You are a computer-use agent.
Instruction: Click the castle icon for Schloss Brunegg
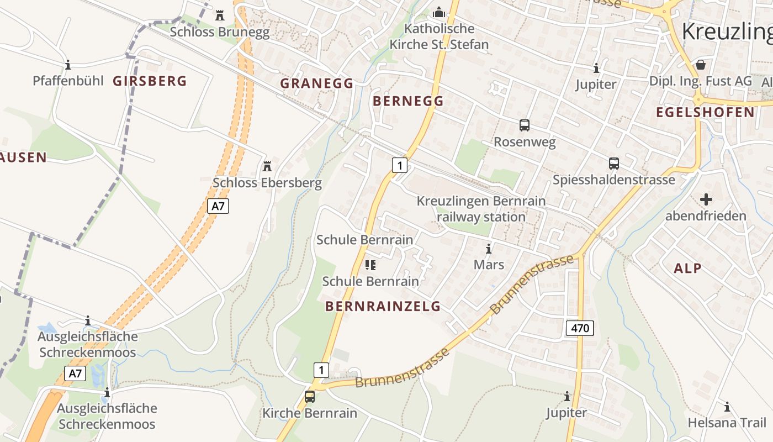pos(220,14)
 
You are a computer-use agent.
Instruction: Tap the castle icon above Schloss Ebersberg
pos(267,166)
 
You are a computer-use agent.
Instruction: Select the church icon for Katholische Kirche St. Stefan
pos(439,12)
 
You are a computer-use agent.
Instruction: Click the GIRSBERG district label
pos(150,81)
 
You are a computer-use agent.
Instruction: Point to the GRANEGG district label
pos(316,83)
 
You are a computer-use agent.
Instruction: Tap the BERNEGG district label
pos(408,101)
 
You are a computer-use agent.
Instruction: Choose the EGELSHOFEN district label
pos(705,112)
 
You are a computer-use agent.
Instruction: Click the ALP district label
pos(687,269)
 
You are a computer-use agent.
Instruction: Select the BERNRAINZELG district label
pos(383,306)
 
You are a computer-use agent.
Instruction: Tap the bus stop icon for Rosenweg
pos(524,125)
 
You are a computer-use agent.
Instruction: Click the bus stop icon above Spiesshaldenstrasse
pos(613,164)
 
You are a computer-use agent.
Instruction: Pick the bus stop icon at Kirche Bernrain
pos(310,397)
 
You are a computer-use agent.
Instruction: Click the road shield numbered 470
pos(580,328)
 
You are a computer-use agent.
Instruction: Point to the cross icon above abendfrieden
pos(706,199)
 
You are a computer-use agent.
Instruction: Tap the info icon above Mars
pos(488,249)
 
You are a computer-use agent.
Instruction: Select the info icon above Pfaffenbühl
pos(68,65)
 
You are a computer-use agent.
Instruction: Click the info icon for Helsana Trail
pos(727,407)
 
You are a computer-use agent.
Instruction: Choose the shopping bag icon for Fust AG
pos(701,65)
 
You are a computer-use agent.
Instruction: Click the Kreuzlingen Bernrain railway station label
pos(481,209)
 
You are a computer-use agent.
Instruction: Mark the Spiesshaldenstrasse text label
pos(613,180)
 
